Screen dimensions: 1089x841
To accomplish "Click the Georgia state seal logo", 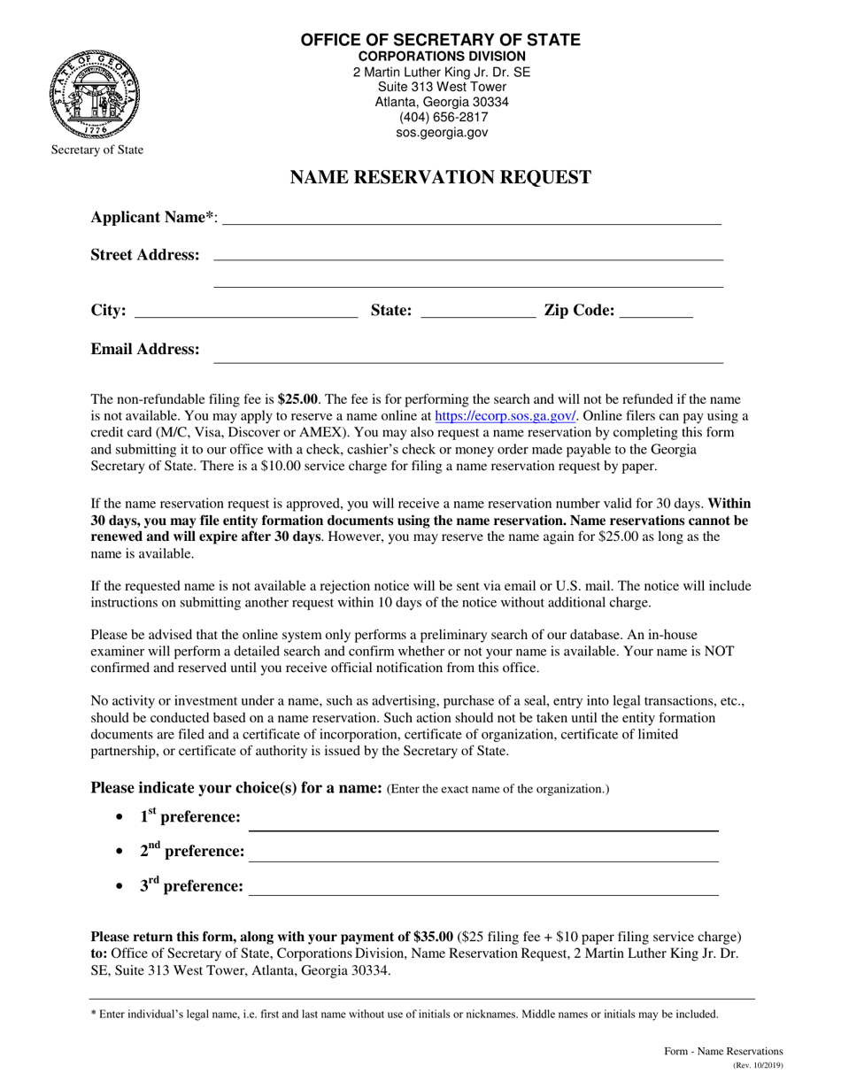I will (x=96, y=92).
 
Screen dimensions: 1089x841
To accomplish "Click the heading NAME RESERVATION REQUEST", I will (x=441, y=178).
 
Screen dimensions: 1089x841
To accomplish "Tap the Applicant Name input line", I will (x=471, y=218).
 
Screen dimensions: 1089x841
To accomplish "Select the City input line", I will (x=246, y=310).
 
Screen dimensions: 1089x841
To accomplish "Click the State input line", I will (x=477, y=310).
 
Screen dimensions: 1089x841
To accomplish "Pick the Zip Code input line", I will (x=657, y=310).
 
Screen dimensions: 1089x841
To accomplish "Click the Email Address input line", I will (x=469, y=354).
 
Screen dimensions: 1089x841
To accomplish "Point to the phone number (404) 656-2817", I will (x=441, y=117).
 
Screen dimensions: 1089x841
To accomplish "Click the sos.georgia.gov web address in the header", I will (x=441, y=133).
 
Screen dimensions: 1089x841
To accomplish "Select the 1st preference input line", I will (x=483, y=823).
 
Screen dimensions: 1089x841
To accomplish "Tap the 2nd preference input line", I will (x=485, y=853).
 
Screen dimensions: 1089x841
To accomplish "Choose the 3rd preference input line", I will (x=483, y=888).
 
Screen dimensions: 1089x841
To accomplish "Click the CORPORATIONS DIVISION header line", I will (x=441, y=56).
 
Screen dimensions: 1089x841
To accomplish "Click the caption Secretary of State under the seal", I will (x=96, y=150).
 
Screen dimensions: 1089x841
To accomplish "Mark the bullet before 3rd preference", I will (x=119, y=886).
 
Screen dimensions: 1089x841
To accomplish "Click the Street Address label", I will (x=145, y=255).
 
